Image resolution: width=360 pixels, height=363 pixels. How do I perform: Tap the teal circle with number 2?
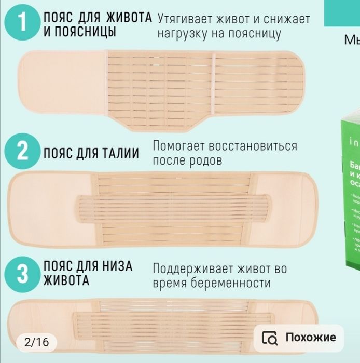(x=21, y=152)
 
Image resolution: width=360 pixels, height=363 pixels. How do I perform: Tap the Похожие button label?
(x=311, y=338)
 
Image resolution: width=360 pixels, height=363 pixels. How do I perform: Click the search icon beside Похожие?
(x=270, y=338)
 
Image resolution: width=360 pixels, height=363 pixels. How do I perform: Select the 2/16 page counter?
(x=36, y=342)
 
